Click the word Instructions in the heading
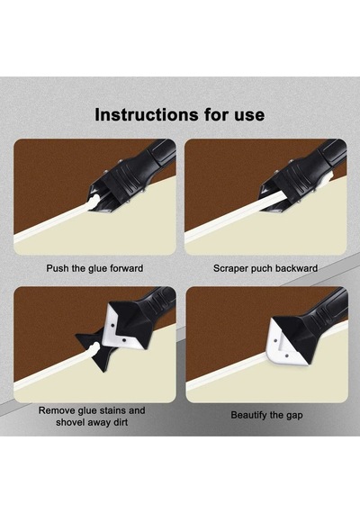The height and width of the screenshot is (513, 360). coord(147,114)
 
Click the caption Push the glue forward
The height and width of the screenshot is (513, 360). coord(94,268)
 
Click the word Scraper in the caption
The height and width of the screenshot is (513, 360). coord(230,269)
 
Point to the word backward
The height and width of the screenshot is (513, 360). coord(296,268)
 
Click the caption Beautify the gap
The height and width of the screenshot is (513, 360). coord(266,415)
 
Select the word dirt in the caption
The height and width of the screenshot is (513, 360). coord(119,422)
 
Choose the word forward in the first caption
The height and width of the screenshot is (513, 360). coord(127,268)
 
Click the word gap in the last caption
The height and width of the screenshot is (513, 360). coord(293,416)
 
